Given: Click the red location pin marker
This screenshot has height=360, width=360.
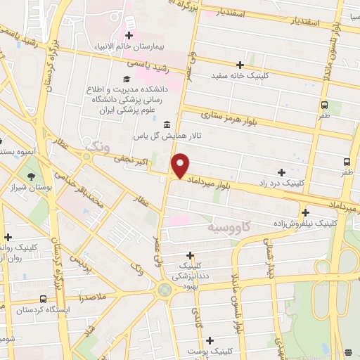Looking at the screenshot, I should click(181, 165).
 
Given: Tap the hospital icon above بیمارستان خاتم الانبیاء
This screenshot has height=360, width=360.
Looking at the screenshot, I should click(129, 34).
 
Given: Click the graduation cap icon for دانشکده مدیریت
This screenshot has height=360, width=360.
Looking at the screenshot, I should click(126, 79).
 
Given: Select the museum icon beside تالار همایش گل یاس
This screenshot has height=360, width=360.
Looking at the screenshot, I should click(167, 125).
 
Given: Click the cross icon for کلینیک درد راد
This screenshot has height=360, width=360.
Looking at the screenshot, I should click(281, 172).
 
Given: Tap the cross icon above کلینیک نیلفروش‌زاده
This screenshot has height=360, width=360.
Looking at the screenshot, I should click(305, 212).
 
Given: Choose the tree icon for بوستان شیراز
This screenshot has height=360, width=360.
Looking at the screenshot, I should click(30, 177).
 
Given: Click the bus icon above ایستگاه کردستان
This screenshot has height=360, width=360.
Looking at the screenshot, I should click(44, 298).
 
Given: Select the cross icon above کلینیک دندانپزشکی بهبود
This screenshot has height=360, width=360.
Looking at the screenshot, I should click(190, 255).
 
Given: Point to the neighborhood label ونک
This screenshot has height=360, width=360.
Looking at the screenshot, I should click(96, 146).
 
